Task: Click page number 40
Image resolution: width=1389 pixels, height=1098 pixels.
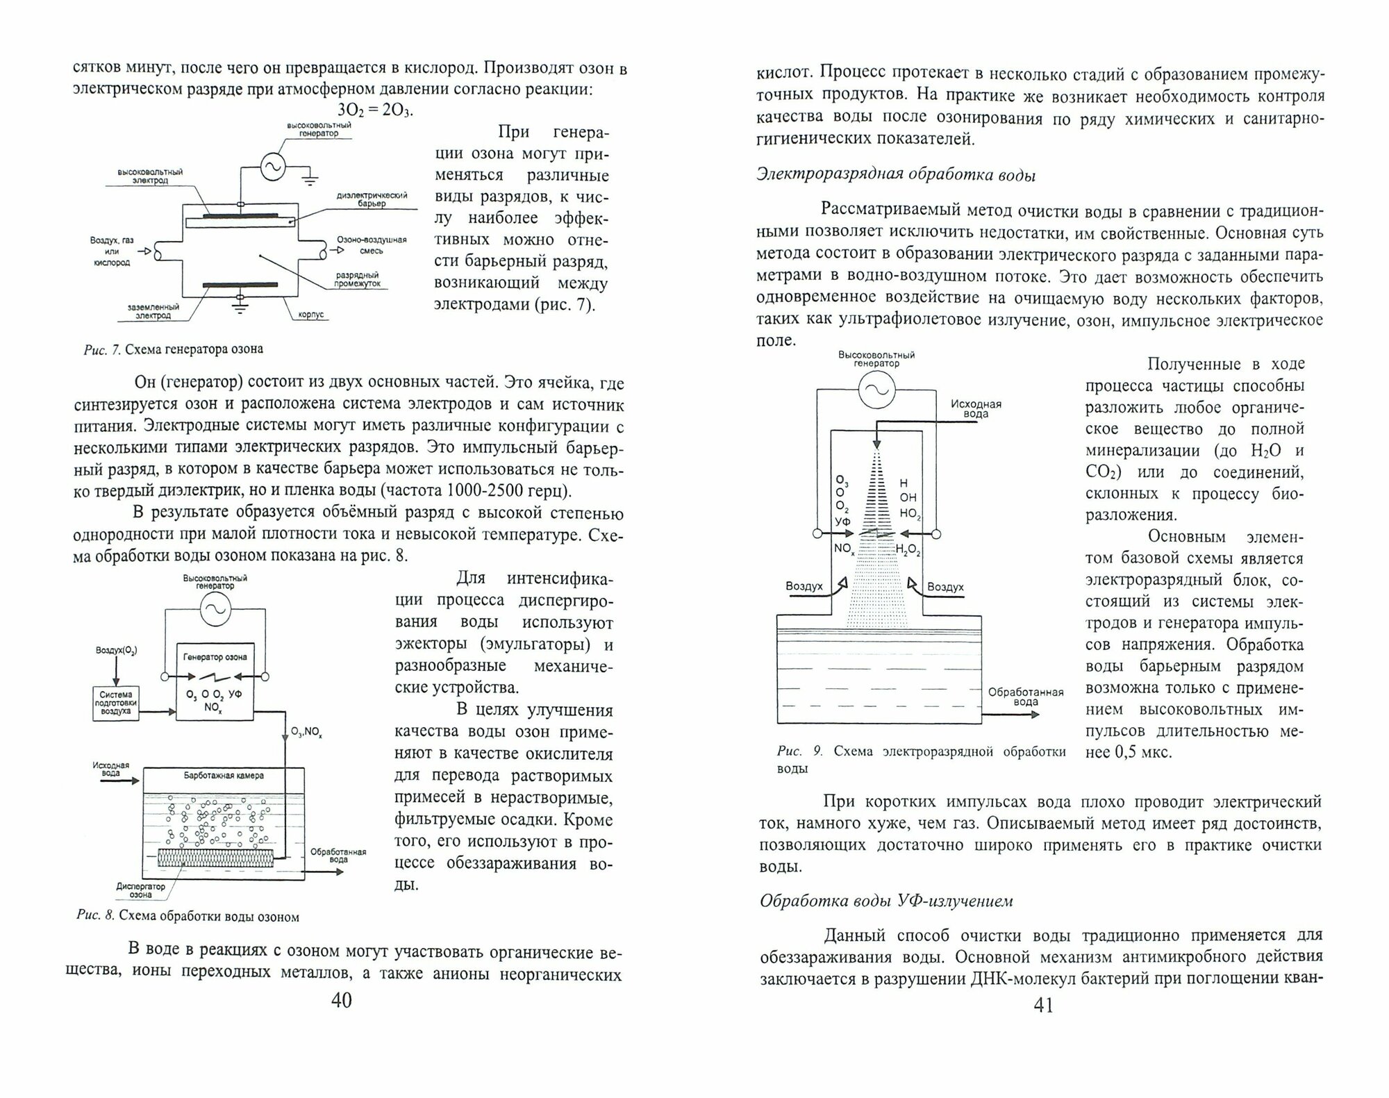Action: (342, 1000)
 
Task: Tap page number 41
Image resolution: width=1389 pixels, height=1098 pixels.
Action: (1044, 1005)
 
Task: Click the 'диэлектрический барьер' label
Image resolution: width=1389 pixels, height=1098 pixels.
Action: (372, 199)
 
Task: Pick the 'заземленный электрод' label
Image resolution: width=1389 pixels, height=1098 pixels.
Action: (153, 311)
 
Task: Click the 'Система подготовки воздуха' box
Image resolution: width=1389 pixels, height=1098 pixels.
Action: (116, 702)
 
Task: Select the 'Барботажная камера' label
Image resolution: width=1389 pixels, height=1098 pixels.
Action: (224, 776)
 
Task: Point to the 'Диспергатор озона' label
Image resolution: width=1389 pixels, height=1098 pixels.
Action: (141, 890)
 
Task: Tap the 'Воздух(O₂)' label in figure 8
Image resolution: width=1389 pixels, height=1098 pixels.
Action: (117, 651)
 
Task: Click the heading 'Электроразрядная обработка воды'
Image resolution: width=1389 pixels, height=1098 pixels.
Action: (896, 175)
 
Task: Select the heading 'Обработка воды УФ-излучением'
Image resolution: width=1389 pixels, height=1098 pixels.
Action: (886, 901)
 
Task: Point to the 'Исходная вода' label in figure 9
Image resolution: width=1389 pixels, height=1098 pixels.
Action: (976, 409)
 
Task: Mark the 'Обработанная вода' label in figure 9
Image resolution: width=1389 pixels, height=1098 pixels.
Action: (1025, 697)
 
